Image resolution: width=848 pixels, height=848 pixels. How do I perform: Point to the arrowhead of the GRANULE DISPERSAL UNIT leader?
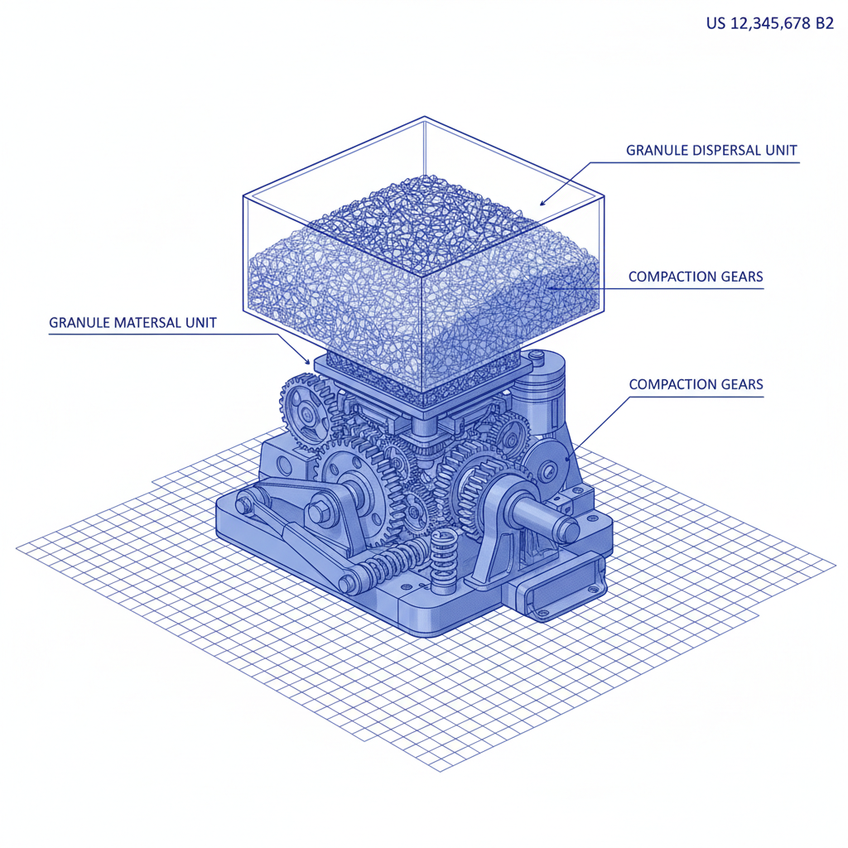pyautogui.click(x=542, y=202)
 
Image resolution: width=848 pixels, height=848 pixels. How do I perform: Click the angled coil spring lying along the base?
pyautogui.click(x=385, y=567)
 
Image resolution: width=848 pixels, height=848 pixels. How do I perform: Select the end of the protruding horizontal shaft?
pyautogui.click(x=569, y=528)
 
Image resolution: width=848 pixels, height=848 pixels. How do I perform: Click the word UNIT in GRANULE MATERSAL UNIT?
pyautogui.click(x=199, y=322)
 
